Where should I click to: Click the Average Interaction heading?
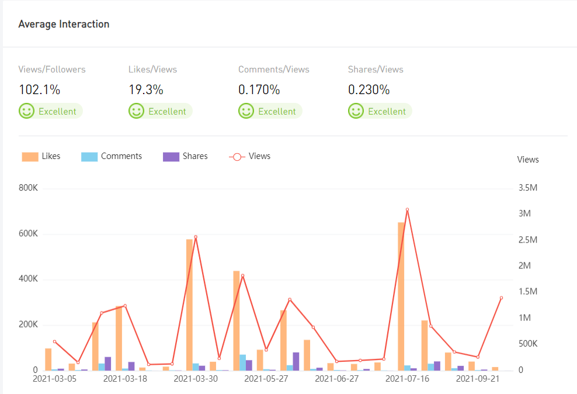(x=64, y=25)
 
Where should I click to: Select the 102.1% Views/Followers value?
(x=40, y=90)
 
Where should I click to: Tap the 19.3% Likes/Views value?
(x=146, y=90)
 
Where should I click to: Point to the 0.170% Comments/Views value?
(x=259, y=90)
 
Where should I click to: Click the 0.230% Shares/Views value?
(x=369, y=90)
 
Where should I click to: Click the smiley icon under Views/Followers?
(x=26, y=111)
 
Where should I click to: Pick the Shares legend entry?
(x=185, y=157)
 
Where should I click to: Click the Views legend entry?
(x=249, y=157)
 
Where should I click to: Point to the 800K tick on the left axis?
(x=29, y=188)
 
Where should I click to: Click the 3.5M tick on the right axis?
(x=527, y=188)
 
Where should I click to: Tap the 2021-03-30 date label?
(x=196, y=379)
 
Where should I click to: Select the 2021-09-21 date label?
(x=478, y=379)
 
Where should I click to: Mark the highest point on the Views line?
(x=407, y=209)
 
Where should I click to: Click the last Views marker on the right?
(x=501, y=298)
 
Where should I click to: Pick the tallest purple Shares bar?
(x=296, y=361)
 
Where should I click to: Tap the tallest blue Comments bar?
(x=242, y=362)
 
